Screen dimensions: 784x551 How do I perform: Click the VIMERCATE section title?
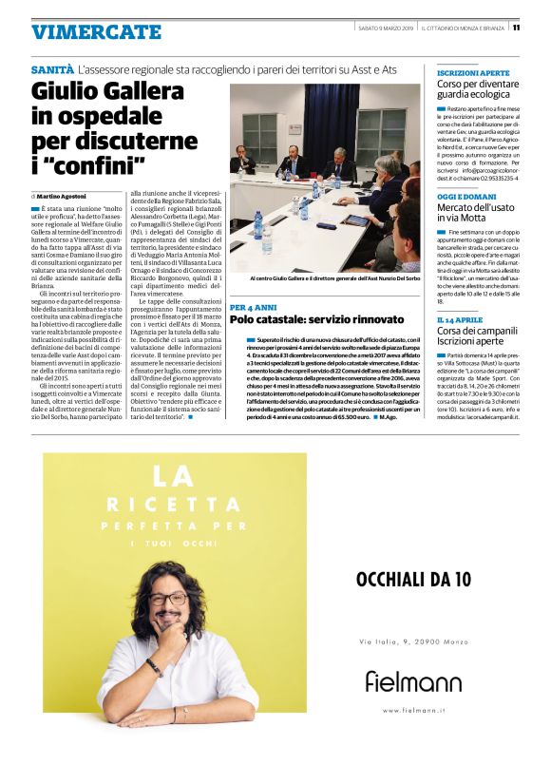click(x=96, y=32)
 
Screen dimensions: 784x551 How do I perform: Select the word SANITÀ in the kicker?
click(x=52, y=70)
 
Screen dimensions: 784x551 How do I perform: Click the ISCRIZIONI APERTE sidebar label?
click(x=473, y=72)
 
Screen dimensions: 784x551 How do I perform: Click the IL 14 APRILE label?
click(x=461, y=319)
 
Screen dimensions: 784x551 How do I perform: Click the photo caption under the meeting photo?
click(x=321, y=278)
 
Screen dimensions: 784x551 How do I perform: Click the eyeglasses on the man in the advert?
click(x=168, y=600)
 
